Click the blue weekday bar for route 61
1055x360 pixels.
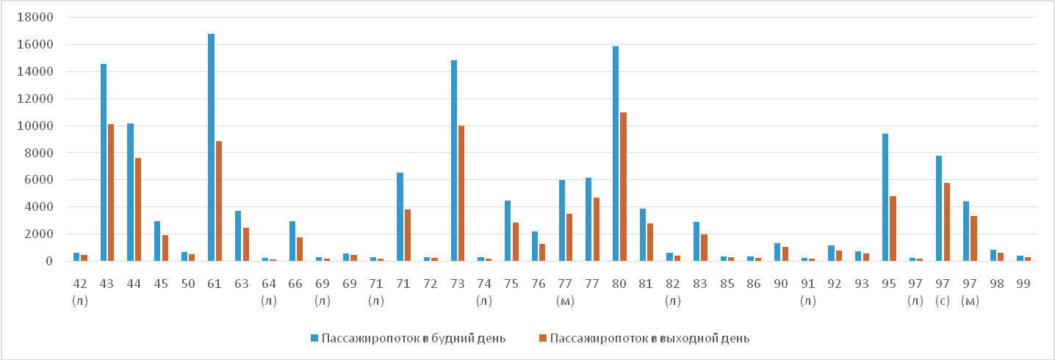coord(212,147)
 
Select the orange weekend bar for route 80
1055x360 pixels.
coord(623,187)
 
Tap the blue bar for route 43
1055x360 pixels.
coord(104,162)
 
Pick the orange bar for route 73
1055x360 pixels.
coord(461,193)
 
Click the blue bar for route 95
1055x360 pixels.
coord(885,197)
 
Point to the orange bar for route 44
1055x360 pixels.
coord(137,209)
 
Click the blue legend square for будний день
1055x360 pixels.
coord(314,338)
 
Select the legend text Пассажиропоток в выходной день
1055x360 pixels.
coord(649,338)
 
